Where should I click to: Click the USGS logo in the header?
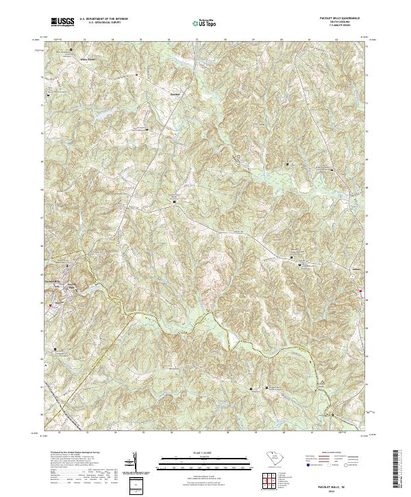coord(63,22)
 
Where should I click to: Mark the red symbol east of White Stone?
coord(137,73)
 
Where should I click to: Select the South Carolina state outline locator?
coord(269,458)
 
